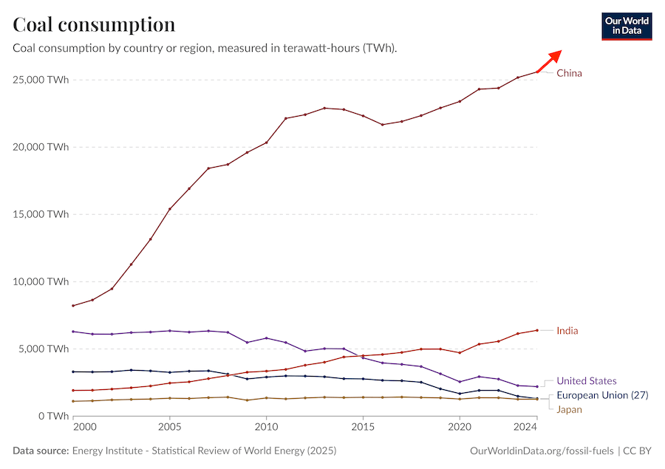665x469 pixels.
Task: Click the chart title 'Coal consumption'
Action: (94, 24)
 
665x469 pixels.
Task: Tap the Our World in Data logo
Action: (627, 25)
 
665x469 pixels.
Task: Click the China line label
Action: (569, 73)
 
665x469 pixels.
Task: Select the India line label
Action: (567, 330)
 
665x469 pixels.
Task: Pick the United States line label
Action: (586, 381)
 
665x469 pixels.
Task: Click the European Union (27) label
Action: (602, 395)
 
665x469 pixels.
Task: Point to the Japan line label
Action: (569, 409)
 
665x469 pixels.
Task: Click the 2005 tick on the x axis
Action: (170, 427)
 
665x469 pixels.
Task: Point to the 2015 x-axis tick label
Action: (362, 427)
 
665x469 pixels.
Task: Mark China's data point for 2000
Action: (73, 306)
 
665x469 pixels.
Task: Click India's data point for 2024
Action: (536, 330)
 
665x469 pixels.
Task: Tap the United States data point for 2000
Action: (73, 332)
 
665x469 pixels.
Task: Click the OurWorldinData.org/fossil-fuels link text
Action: (543, 451)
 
